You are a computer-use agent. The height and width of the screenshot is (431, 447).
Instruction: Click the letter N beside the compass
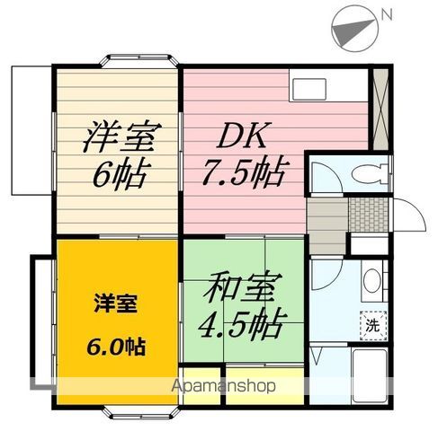(386, 14)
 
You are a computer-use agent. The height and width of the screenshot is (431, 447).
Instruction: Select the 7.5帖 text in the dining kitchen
(246, 172)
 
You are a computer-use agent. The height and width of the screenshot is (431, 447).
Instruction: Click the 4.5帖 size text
(240, 323)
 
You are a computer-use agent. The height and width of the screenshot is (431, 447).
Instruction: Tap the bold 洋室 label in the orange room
(115, 303)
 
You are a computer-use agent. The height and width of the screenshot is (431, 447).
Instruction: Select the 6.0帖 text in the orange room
(116, 347)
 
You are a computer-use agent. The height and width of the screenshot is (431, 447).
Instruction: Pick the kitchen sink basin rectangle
(309, 89)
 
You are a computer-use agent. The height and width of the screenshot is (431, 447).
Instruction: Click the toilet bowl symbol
(369, 173)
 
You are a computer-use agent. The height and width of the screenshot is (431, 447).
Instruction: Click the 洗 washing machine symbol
(373, 325)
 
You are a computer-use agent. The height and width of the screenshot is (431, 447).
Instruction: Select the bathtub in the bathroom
(369, 374)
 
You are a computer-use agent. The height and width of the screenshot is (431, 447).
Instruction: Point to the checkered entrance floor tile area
(368, 214)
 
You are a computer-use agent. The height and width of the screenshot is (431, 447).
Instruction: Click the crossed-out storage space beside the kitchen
(380, 110)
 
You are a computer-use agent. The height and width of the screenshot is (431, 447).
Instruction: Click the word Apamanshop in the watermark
(223, 386)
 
